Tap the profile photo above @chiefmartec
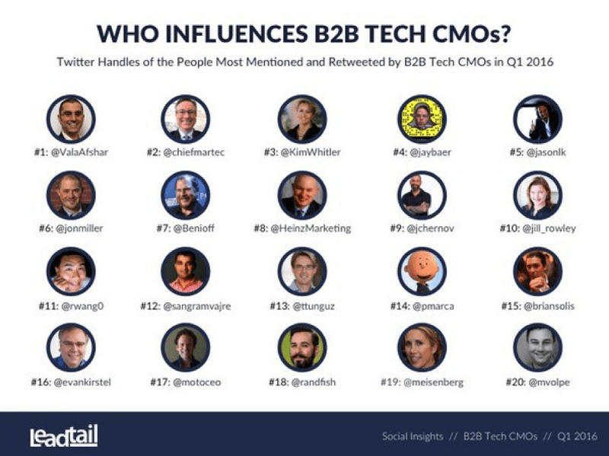(185, 119)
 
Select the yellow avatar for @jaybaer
(422, 119)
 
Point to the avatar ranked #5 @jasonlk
(538, 119)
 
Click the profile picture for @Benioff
(185, 195)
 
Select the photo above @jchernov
(422, 195)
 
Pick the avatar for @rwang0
(70, 271)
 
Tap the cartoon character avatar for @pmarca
(422, 271)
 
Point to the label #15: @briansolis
(538, 306)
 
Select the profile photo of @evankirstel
(70, 347)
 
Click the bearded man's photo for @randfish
(302, 347)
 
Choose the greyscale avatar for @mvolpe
(538, 347)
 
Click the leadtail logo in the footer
(64, 436)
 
